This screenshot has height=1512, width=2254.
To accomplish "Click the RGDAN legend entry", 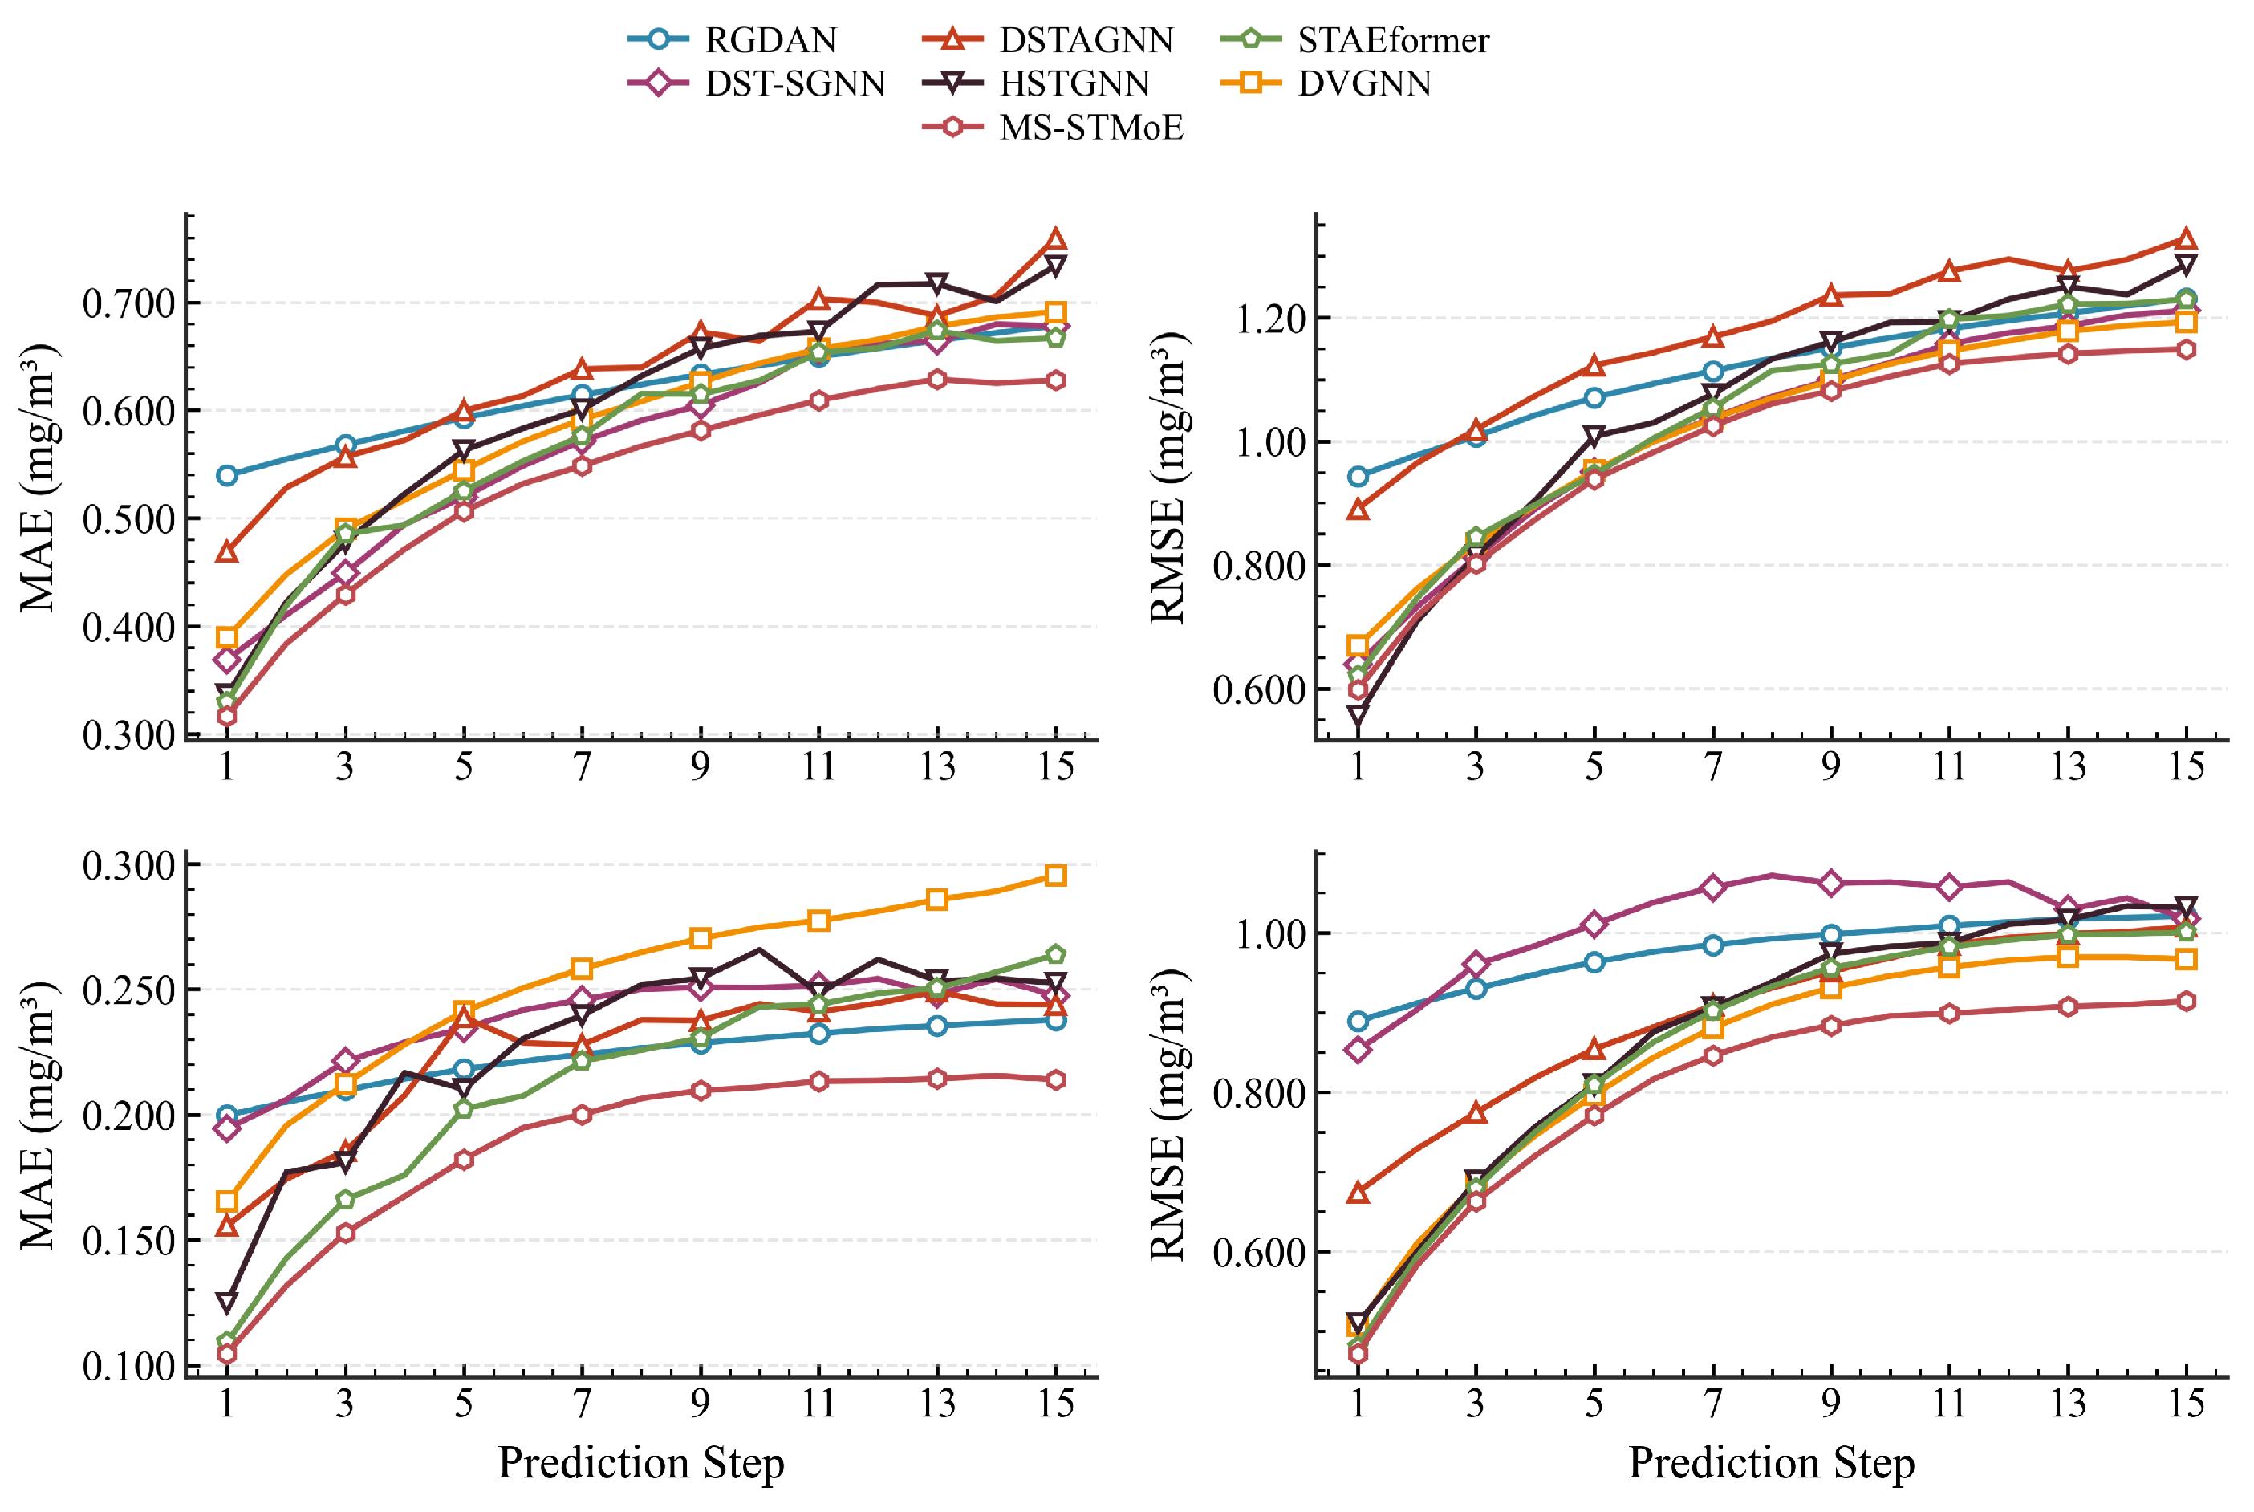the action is [733, 39].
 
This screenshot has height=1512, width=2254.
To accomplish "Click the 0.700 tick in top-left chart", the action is [128, 303].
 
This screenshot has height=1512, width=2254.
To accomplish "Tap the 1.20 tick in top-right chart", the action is [1269, 319].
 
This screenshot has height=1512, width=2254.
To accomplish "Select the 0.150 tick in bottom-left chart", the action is [128, 1240].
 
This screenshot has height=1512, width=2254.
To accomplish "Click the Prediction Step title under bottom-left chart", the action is [641, 1462].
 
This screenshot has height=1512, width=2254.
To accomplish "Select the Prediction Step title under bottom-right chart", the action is [1772, 1462].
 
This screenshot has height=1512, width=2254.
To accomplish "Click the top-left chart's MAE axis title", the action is [39, 478].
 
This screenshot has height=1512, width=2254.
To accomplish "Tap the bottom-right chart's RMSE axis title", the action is [1169, 1115].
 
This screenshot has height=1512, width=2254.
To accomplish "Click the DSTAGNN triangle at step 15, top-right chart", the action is [2187, 239].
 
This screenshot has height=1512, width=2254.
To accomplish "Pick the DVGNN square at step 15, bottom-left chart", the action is [1057, 876].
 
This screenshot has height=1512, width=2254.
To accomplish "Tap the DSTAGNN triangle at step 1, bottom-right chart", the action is [1358, 1193].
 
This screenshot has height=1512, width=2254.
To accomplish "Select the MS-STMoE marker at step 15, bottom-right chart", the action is [2187, 1002].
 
